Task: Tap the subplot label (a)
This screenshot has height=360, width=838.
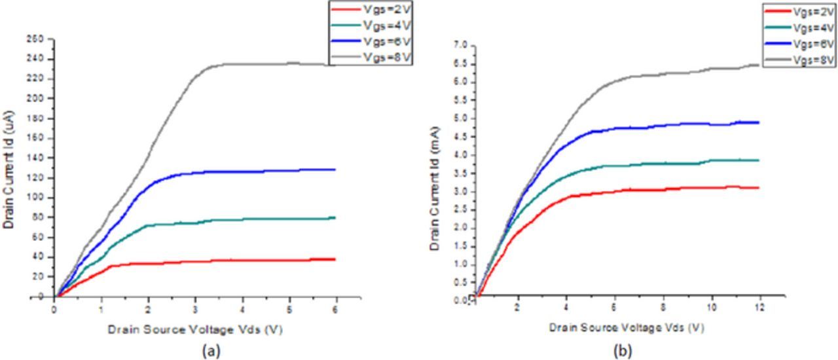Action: tap(210, 351)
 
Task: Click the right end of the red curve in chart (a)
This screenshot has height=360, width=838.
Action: tap(335, 259)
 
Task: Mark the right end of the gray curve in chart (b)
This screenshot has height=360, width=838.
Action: tap(758, 65)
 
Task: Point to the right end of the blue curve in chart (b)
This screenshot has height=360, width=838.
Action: tap(758, 122)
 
